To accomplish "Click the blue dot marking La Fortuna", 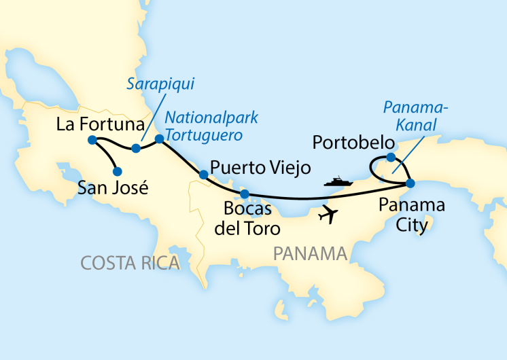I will tap(92, 141).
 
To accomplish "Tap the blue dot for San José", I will tap(117, 171).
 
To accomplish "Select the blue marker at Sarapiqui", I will tap(136, 148).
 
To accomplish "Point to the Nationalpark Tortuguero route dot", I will tap(160, 139).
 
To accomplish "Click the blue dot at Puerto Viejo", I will tap(203, 175).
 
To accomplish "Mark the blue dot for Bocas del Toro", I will tap(245, 194).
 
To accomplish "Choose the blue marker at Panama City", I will tap(410, 183).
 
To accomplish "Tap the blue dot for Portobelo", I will tap(391, 158).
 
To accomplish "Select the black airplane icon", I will tap(329, 214).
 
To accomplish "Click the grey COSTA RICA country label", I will tap(130, 262).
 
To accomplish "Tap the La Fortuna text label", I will tap(100, 124).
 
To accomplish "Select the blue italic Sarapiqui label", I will tap(160, 84).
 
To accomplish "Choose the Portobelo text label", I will tap(353, 143).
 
